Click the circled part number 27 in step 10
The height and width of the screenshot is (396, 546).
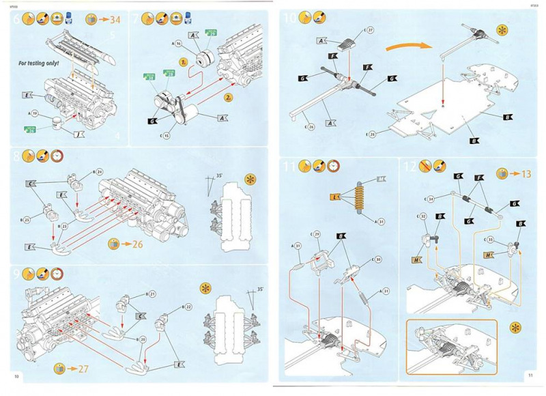click(369, 30)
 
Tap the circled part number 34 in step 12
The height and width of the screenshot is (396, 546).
click(431, 199)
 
